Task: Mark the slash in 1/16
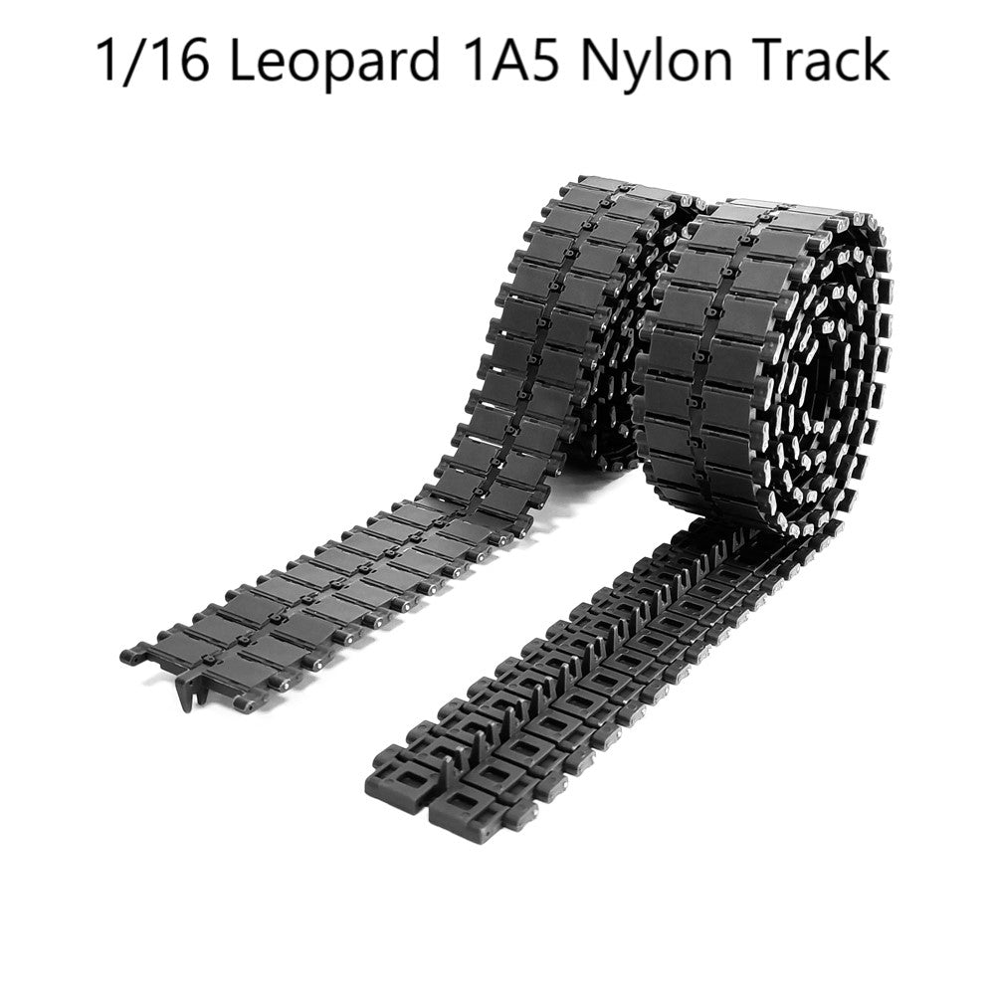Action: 135,62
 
